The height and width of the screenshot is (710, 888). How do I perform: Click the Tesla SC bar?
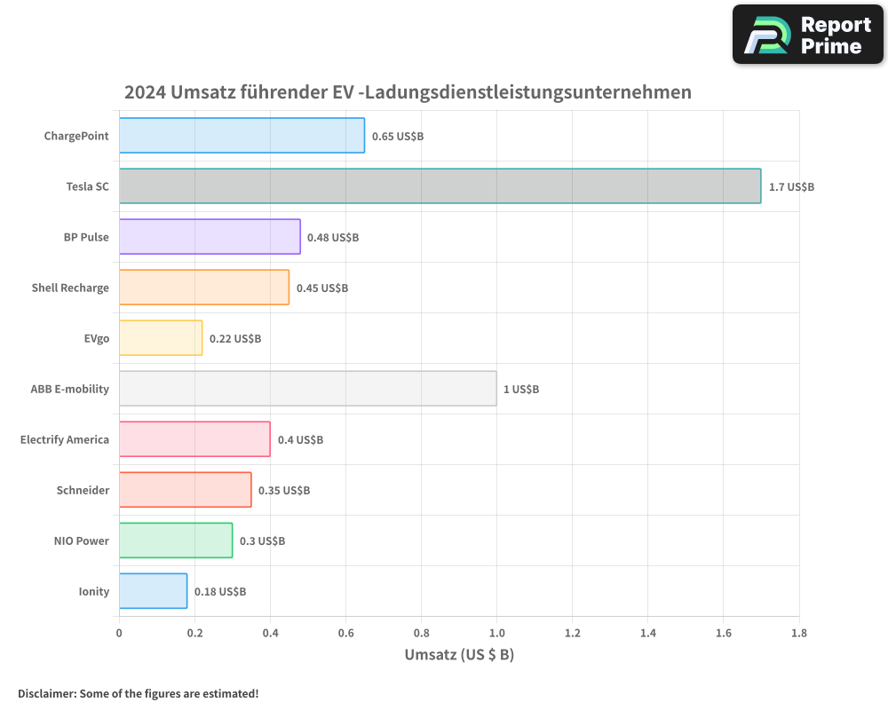click(x=440, y=186)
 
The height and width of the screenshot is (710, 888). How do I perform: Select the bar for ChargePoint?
click(x=242, y=136)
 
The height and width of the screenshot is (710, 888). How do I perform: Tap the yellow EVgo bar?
click(x=161, y=338)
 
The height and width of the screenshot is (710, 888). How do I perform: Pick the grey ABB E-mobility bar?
click(x=307, y=389)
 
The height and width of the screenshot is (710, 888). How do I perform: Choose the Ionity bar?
click(x=153, y=591)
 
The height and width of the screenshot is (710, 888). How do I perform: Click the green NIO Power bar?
click(x=176, y=540)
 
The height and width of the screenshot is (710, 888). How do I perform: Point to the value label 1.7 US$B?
click(x=791, y=187)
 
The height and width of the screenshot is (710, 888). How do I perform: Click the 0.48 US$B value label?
click(x=333, y=238)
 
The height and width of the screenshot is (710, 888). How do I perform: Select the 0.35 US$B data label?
click(x=284, y=491)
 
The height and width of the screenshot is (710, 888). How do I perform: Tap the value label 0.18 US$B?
click(x=220, y=592)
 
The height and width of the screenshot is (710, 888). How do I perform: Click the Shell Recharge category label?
click(x=70, y=288)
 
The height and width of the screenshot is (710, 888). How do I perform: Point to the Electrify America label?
click(x=65, y=439)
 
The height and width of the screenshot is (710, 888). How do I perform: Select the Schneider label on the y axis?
click(x=83, y=490)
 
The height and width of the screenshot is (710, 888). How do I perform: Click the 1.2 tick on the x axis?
click(x=572, y=633)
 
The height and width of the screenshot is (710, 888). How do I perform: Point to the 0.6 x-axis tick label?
click(x=345, y=633)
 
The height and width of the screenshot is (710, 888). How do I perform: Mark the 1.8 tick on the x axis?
click(x=798, y=633)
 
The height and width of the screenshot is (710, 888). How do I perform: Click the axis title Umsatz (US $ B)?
click(x=459, y=655)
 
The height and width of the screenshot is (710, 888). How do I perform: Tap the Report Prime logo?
click(x=808, y=35)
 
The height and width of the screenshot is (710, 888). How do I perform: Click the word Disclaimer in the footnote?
click(x=46, y=693)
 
